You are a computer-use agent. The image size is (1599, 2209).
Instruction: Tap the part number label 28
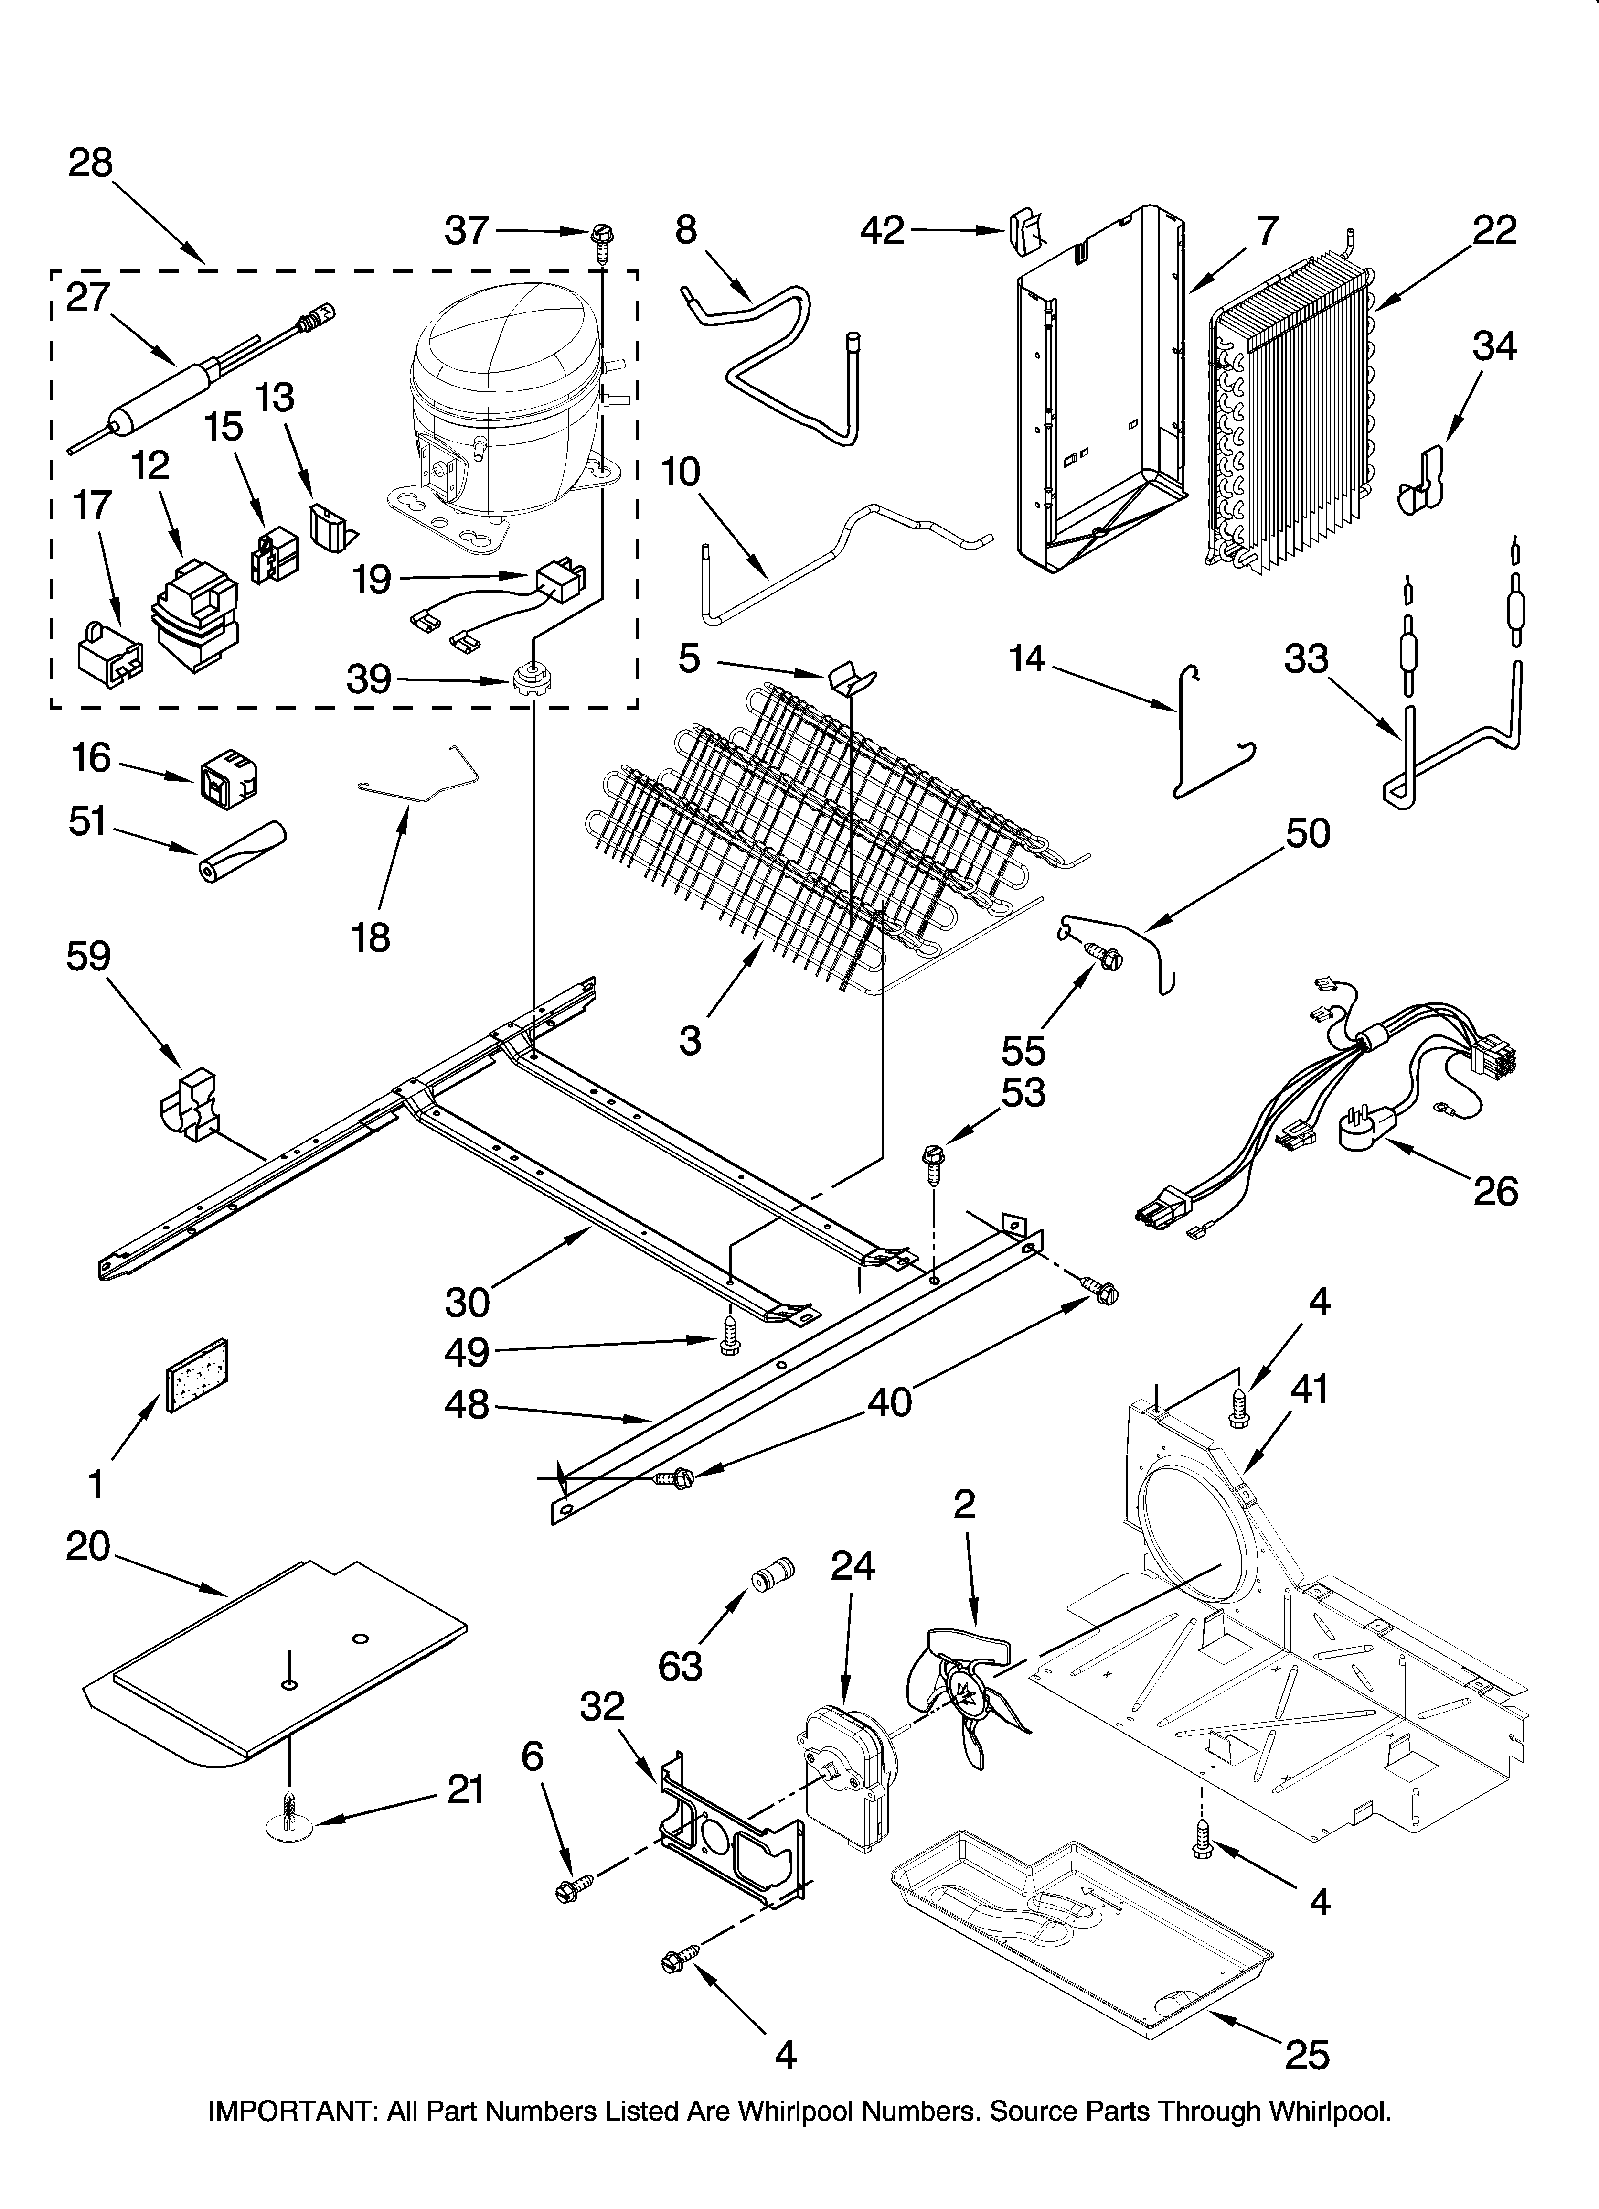coord(91,162)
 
